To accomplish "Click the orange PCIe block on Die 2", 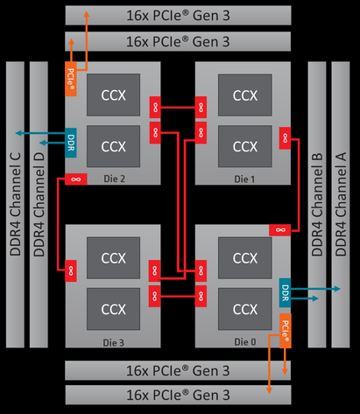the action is pos(71,79).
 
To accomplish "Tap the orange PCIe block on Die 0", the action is pos(286,331).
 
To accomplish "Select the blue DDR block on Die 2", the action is pos(71,143).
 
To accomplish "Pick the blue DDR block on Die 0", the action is pos(285,292).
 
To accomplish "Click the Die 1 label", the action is pos(244,179).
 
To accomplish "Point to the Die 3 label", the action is pos(114,342).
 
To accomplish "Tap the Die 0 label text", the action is pos(245,342).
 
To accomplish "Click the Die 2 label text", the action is pos(115,179).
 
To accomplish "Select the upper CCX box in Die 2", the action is pos(113,95).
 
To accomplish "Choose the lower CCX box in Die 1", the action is pos(245,146).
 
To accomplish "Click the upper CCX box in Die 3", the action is pos(113,258).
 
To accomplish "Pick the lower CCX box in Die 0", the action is pos(245,309).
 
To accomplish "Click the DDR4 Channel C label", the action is pos(15,204).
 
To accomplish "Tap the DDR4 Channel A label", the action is pos(341,204).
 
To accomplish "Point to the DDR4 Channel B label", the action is pos(317,204).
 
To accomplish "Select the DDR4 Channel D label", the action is pos(39,204).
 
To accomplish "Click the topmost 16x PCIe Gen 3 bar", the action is pos(178,16).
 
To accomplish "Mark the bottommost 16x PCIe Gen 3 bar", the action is pos(178,395).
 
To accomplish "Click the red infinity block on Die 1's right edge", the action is pos(285,138).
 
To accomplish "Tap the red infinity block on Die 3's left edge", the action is pos(71,271).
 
